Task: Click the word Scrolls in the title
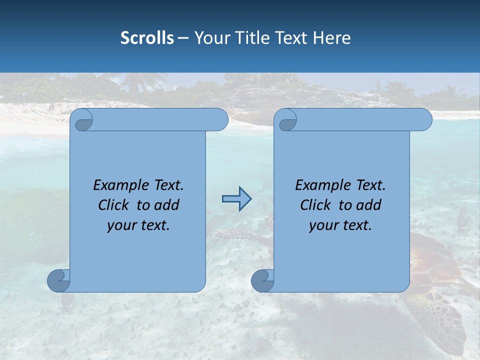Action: coord(147,38)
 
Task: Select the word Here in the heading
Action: coord(332,38)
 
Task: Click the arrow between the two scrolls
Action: coord(236,199)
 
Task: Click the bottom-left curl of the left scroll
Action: coord(59,280)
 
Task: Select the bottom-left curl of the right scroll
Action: coord(262,280)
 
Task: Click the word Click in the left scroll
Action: coord(114,205)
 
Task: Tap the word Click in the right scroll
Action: coord(315,205)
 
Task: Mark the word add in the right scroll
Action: coord(368,205)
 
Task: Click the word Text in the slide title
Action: coord(292,38)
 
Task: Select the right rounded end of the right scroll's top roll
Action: coord(425,120)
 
